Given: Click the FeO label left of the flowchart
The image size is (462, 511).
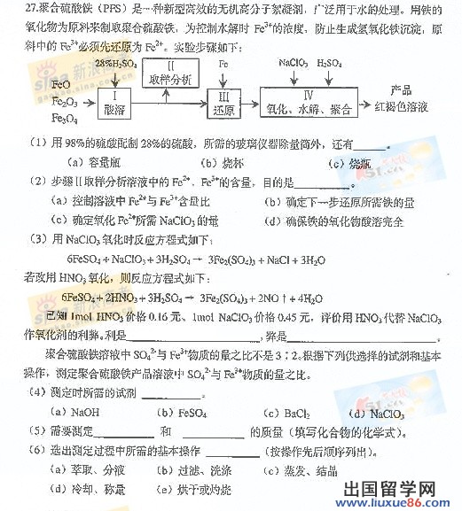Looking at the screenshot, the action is [61, 84].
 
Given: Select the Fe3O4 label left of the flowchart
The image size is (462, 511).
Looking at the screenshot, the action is [65, 117].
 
